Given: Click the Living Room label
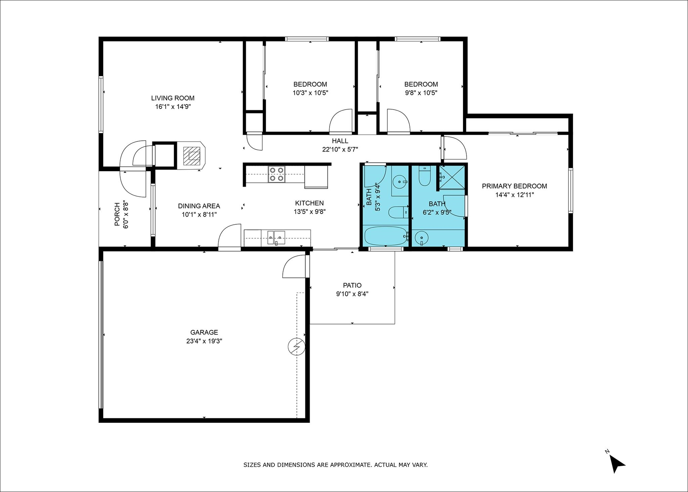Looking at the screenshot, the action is (x=173, y=98).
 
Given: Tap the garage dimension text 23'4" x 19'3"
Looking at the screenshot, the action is (x=204, y=341).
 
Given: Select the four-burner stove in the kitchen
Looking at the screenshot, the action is (x=276, y=175).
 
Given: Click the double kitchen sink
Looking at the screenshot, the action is (x=276, y=237).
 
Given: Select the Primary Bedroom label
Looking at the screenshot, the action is (x=514, y=186).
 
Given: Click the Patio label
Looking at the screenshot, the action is (x=352, y=286).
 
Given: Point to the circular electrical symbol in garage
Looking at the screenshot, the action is (x=297, y=346).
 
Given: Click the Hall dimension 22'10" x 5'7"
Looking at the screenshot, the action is (x=340, y=149).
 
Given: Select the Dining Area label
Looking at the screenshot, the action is (x=199, y=206).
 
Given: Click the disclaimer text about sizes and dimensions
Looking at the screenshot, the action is (x=335, y=465).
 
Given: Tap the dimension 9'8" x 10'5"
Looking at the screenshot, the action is (x=421, y=93).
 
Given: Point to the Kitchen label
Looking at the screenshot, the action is (x=309, y=203).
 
